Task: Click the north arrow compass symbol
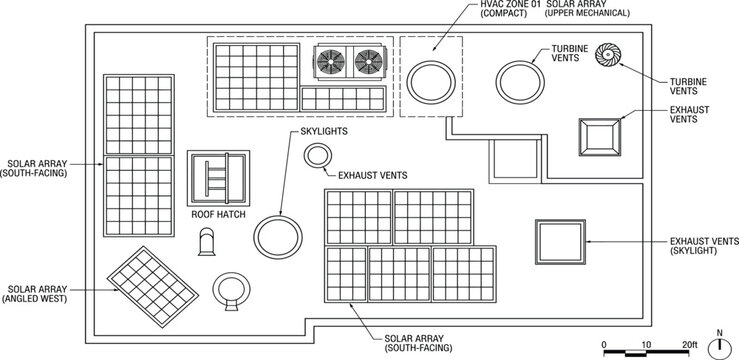point(718,346)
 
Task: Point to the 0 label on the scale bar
point(604,344)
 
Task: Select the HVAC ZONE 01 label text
point(510,10)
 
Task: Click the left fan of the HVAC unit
point(331,62)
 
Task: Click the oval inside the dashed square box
point(431,78)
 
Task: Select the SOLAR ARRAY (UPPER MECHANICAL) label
point(600,10)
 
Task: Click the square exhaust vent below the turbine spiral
point(602,136)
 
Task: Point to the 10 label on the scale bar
point(646,344)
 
